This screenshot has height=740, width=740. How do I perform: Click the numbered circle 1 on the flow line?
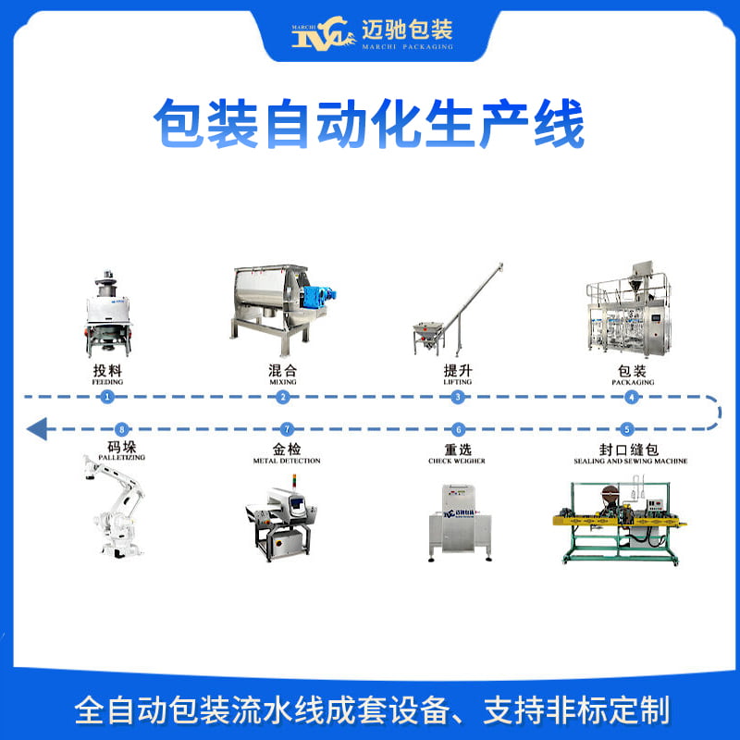107,397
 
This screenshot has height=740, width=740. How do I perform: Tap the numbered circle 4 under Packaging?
632,397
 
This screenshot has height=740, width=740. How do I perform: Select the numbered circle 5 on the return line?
627,429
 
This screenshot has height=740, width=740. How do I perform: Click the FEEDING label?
107,381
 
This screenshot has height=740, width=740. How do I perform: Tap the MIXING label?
282,381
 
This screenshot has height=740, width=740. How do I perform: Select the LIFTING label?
457,381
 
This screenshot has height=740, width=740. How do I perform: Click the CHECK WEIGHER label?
457,461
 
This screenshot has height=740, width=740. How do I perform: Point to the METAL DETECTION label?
287,461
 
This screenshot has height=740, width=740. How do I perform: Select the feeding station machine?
107,314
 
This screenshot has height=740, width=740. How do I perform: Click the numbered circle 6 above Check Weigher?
457,429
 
